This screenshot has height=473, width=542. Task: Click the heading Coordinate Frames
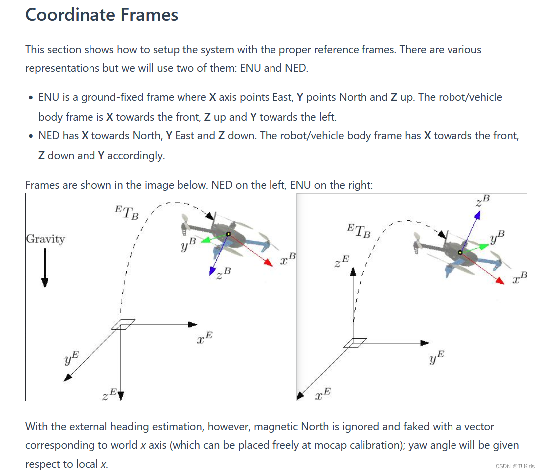pyautogui.click(x=101, y=14)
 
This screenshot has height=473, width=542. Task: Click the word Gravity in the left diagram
pyautogui.click(x=45, y=239)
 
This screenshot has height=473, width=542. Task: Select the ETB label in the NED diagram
pyautogui.click(x=126, y=212)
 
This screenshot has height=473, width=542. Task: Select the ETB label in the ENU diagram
pyautogui.click(x=359, y=231)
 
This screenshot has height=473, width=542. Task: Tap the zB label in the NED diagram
pyautogui.click(x=224, y=273)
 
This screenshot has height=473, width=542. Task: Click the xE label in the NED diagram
pyautogui.click(x=205, y=338)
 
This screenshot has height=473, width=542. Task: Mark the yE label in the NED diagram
pyautogui.click(x=72, y=358)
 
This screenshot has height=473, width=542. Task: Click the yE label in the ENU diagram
pyautogui.click(x=437, y=357)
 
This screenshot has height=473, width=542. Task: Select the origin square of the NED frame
pyautogui.click(x=122, y=324)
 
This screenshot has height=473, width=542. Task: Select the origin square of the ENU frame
pyautogui.click(x=355, y=343)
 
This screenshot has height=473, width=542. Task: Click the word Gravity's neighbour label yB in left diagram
pyautogui.click(x=189, y=244)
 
